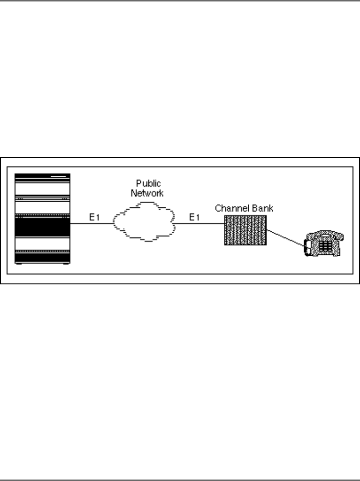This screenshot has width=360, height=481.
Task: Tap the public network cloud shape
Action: pyautogui.click(x=144, y=222)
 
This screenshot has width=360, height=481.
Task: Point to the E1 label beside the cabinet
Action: pyautogui.click(x=94, y=217)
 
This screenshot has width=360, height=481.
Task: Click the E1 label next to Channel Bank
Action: pyautogui.click(x=194, y=217)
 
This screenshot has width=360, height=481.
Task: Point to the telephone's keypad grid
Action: pyautogui.click(x=325, y=246)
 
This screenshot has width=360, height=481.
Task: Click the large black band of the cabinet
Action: pyautogui.click(x=42, y=226)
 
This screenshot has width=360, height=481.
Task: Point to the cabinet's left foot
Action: pyautogui.click(x=18, y=263)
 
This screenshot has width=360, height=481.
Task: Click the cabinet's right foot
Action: pyautogui.click(x=67, y=263)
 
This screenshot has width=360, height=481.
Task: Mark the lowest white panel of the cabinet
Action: pyautogui.click(x=42, y=243)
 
